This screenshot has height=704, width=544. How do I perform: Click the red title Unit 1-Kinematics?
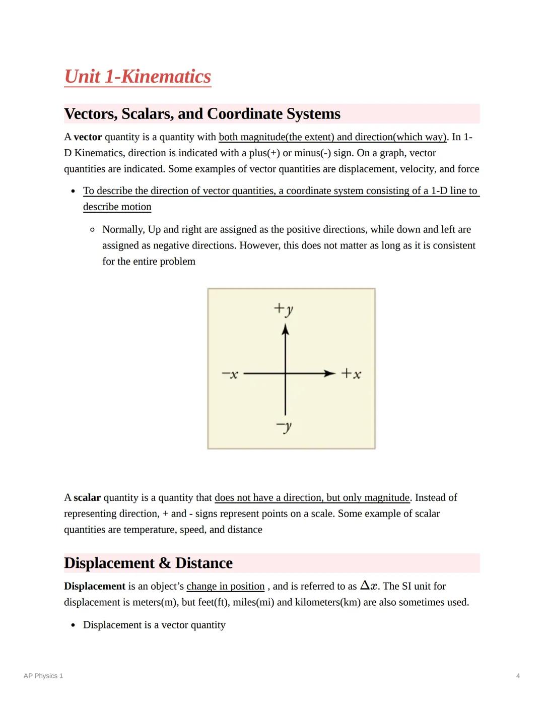[x=138, y=77]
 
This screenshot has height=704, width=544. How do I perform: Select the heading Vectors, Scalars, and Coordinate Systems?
[x=202, y=114]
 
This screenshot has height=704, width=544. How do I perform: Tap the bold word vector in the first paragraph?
[x=88, y=137]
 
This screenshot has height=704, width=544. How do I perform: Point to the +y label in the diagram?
[x=283, y=308]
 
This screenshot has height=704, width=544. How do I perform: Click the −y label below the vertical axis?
[x=284, y=427]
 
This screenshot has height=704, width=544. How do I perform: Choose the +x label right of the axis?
[x=351, y=374]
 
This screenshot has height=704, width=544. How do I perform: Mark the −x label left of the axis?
[x=230, y=374]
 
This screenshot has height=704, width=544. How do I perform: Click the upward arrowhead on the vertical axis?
[x=286, y=330]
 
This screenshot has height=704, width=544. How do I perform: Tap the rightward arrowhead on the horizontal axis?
[x=329, y=373]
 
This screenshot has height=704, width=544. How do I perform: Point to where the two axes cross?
[x=286, y=373]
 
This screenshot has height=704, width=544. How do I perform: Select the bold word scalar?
[x=87, y=498]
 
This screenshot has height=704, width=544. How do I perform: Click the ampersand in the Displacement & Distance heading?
[x=165, y=563]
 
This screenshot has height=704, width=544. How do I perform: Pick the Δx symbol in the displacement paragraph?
[x=369, y=586]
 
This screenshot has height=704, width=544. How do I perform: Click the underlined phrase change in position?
[x=225, y=586]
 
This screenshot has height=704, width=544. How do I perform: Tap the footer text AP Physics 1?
[x=43, y=676]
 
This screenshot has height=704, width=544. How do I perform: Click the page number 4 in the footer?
[x=518, y=676]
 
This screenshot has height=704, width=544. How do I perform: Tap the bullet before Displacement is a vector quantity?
[x=74, y=625]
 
